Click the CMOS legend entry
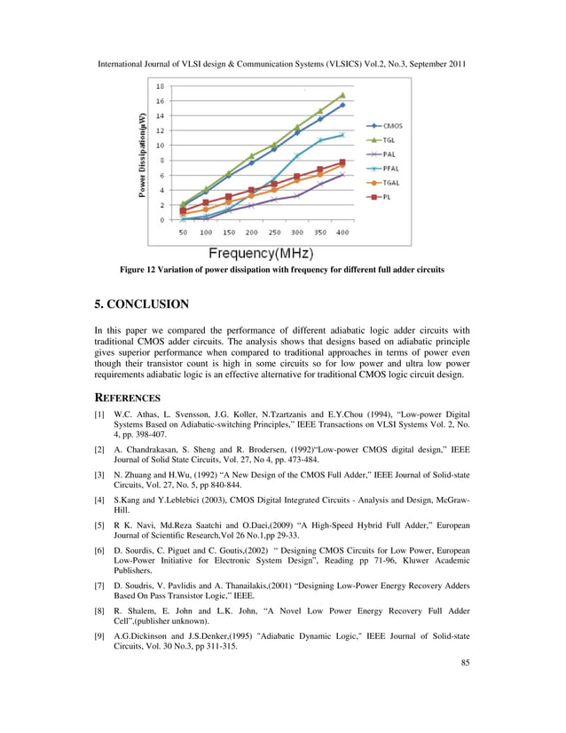click(385, 126)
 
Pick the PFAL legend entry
click(385, 168)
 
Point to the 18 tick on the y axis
click(160, 86)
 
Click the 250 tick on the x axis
click(274, 233)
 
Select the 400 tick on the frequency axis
click(342, 233)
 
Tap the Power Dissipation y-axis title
click(142, 155)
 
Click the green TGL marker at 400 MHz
click(342, 95)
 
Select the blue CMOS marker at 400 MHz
click(342, 105)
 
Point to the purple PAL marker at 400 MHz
click(342, 175)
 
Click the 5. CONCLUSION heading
click(141, 304)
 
